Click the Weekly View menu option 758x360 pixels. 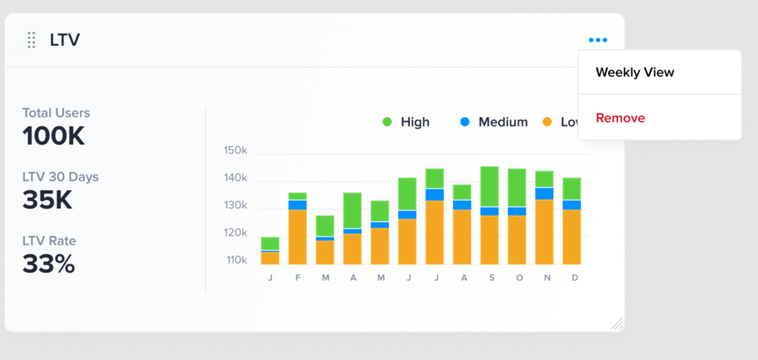[x=635, y=72]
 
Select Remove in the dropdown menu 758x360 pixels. [x=620, y=118]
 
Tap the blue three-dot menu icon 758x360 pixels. [x=598, y=40]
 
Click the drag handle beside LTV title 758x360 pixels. [x=31, y=40]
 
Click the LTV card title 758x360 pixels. [x=65, y=40]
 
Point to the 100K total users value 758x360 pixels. [x=53, y=137]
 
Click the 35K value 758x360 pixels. [x=47, y=200]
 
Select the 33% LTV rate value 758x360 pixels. [x=49, y=264]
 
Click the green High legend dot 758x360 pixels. [x=387, y=122]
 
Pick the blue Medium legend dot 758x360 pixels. [x=464, y=122]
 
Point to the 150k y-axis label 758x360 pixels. [x=236, y=150]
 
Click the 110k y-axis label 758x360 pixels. [x=236, y=260]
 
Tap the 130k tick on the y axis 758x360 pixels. [x=236, y=206]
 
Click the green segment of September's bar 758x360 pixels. [x=489, y=186]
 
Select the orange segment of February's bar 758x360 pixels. [x=297, y=237]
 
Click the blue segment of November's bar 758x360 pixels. [x=544, y=194]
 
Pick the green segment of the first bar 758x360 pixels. [x=270, y=244]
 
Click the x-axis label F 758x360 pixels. [x=298, y=278]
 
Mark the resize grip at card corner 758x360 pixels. [x=617, y=324]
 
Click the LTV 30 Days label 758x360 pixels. [x=60, y=177]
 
